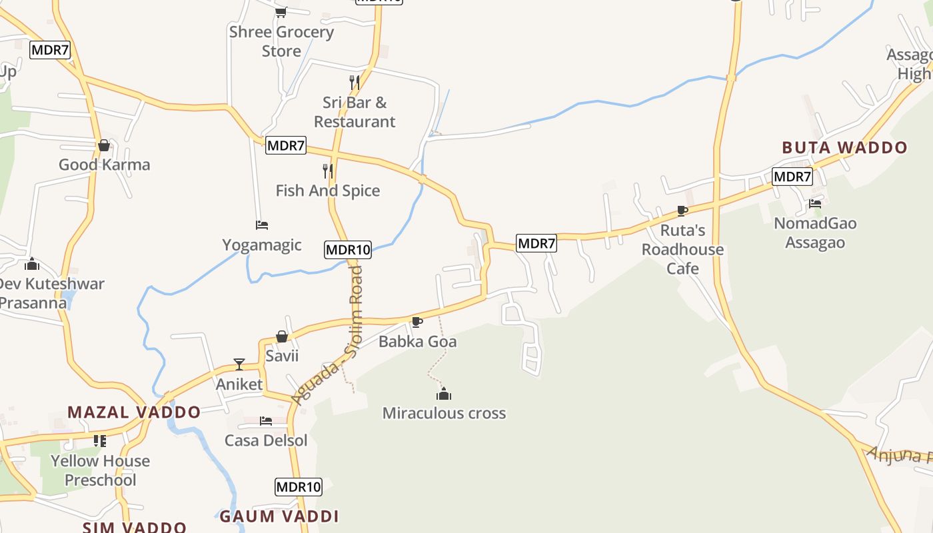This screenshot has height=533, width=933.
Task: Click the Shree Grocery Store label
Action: (x=281, y=41)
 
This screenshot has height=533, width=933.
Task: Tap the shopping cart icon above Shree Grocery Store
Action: (x=281, y=12)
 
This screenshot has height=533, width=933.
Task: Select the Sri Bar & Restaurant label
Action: (x=355, y=112)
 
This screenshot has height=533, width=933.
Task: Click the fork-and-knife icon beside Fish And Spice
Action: (x=327, y=171)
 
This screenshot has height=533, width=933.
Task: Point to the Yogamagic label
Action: (x=262, y=245)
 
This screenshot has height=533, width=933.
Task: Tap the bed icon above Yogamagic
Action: (x=262, y=225)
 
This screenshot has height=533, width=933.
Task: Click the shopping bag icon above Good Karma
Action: (x=104, y=145)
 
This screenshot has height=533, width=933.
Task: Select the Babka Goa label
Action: (x=418, y=342)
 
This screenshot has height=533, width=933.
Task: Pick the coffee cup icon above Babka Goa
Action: (x=417, y=322)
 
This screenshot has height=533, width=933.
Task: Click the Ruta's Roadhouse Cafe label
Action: (x=682, y=249)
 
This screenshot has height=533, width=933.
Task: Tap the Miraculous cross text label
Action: (x=444, y=413)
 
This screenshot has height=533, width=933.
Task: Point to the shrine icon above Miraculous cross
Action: (x=444, y=394)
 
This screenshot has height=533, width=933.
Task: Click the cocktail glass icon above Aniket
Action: (x=239, y=364)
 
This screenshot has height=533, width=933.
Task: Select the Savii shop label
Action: (x=282, y=356)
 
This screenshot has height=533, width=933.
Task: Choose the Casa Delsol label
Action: (x=266, y=440)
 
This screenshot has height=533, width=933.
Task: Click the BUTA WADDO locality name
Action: (x=844, y=147)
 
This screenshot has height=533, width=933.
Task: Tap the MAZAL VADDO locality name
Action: (x=134, y=412)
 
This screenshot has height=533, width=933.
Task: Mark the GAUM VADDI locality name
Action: (x=279, y=516)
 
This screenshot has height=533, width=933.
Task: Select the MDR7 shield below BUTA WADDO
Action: (x=792, y=177)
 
